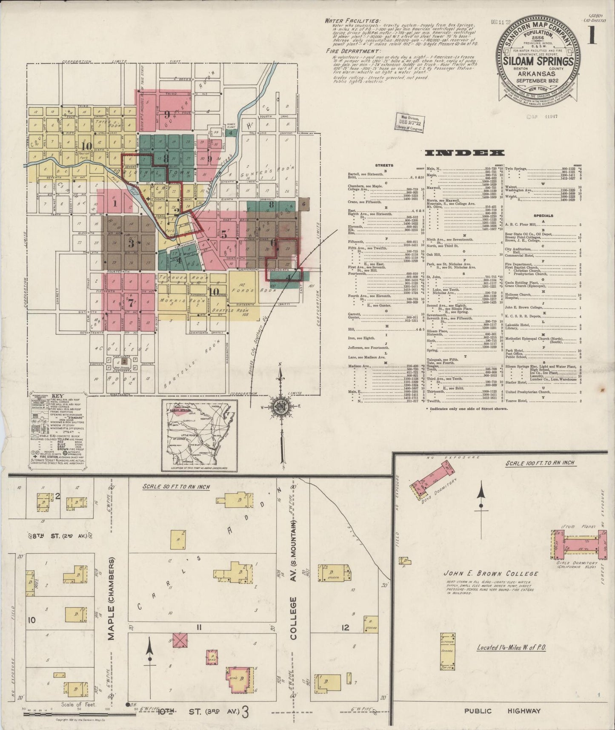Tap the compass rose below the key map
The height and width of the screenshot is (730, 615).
[x=281, y=405]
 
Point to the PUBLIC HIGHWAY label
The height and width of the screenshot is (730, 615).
[x=502, y=710]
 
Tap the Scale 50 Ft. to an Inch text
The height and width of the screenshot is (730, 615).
[x=176, y=486]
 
